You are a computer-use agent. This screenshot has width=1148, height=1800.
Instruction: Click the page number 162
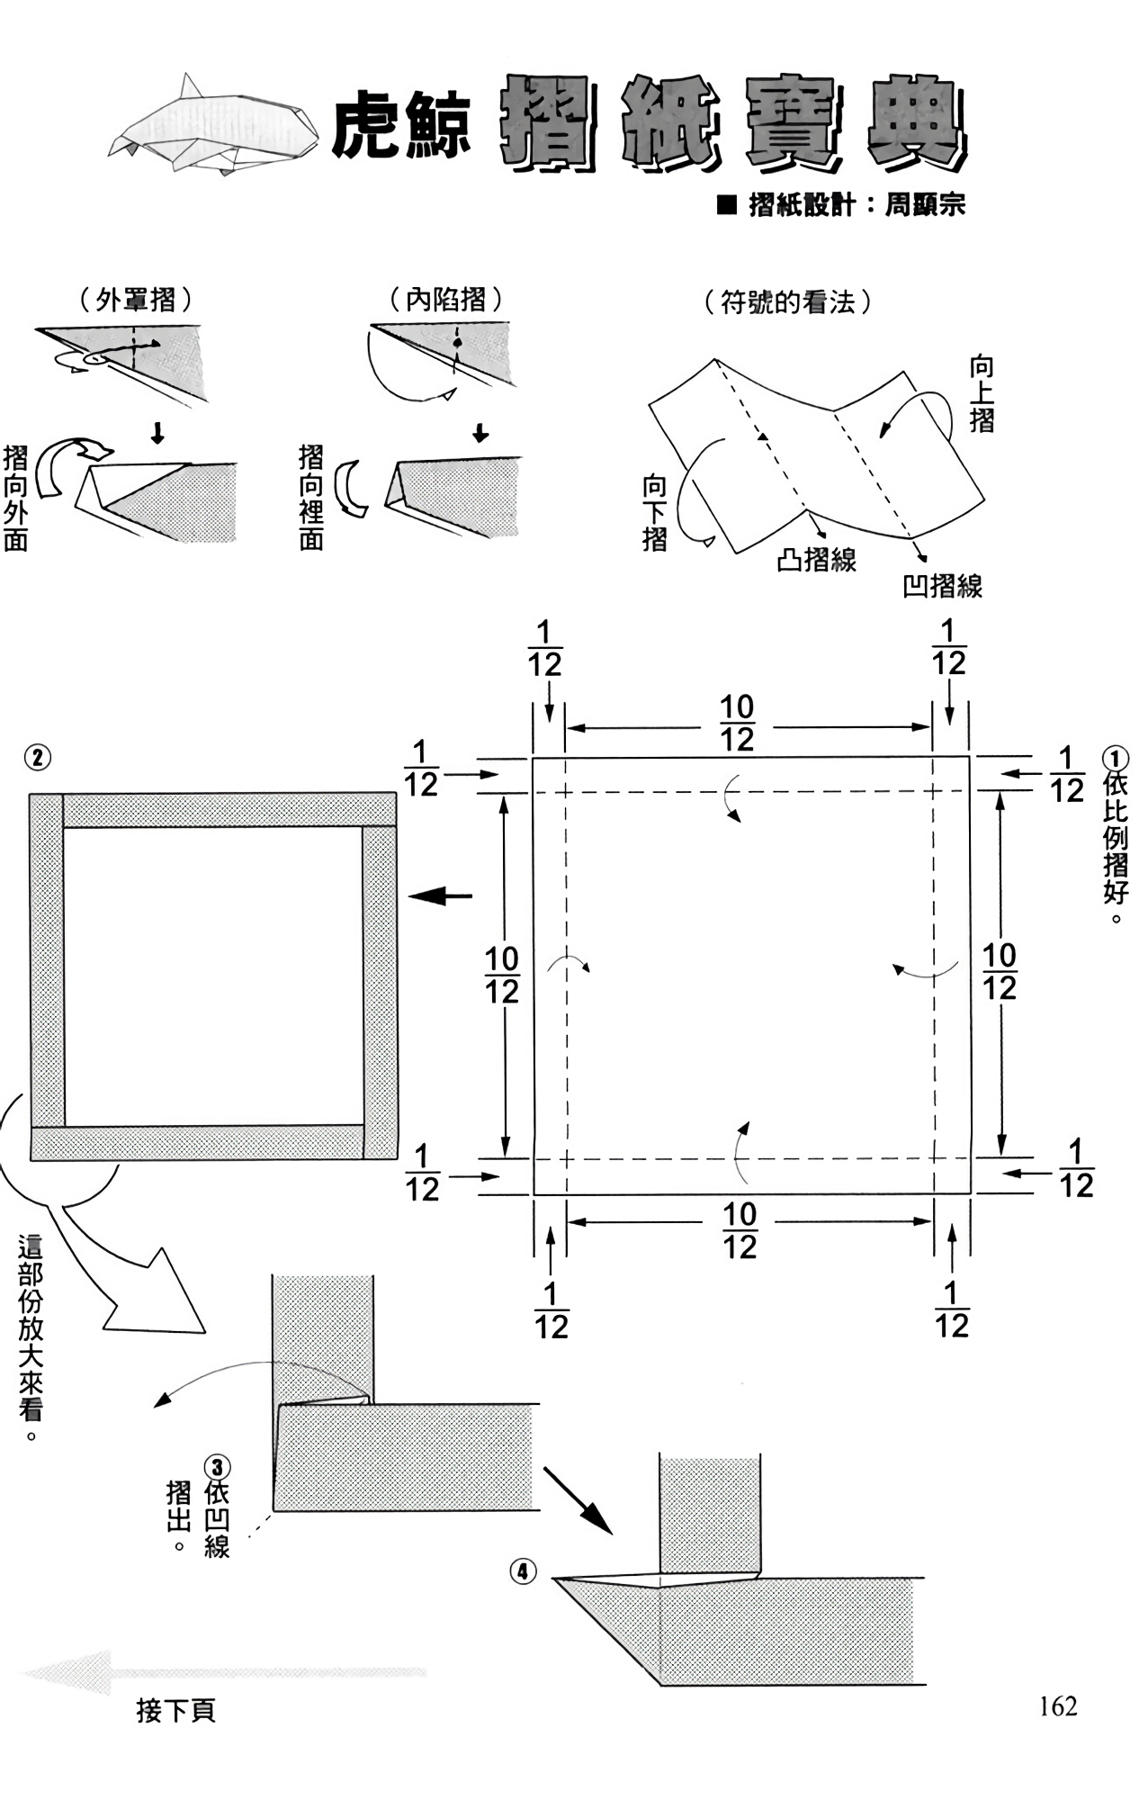(x=1057, y=1706)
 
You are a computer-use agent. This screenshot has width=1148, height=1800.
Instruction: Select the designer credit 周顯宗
(x=925, y=205)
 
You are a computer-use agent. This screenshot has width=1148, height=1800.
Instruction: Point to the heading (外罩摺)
(x=136, y=300)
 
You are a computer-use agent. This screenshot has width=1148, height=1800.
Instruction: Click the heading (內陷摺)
(x=446, y=300)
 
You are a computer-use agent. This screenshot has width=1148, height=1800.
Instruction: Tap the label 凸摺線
(x=816, y=561)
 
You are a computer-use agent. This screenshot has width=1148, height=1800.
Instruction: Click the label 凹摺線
(x=942, y=587)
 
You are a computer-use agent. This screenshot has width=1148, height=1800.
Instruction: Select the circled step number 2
(x=37, y=758)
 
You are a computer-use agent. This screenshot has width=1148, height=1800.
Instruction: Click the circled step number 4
(x=523, y=1572)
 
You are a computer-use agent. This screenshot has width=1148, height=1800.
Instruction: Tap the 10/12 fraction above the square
(x=737, y=724)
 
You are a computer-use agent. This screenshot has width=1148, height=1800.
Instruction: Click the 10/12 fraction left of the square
(x=501, y=976)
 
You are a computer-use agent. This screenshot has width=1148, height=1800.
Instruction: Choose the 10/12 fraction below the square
(x=740, y=1230)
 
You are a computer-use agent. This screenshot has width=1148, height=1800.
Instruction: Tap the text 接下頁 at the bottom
(x=176, y=1711)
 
